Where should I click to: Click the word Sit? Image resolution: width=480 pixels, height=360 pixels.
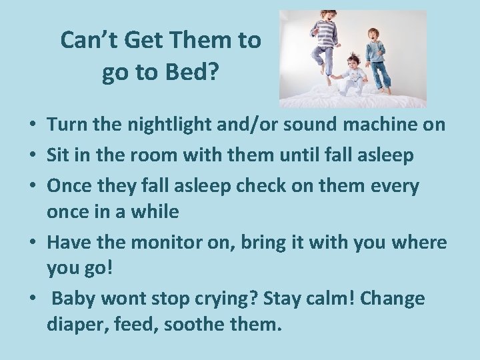point(60,155)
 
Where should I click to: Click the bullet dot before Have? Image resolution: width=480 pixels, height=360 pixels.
point(32,243)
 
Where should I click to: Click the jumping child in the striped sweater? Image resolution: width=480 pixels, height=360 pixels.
point(325,43)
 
